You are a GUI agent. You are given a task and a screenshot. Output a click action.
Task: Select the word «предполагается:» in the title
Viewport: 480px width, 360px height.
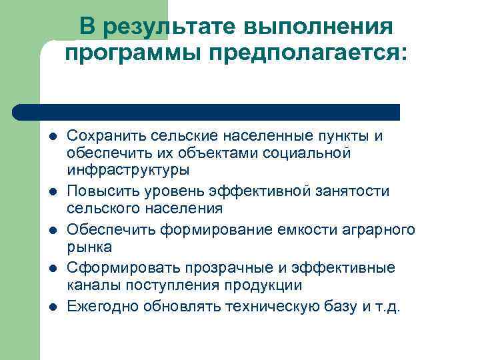306,53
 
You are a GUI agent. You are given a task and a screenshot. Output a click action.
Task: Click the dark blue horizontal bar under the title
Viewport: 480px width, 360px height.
207,112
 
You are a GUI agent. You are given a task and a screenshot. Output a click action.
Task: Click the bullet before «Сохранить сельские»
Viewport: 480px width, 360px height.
53,137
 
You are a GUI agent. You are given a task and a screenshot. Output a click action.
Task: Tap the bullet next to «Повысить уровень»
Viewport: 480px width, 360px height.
53,192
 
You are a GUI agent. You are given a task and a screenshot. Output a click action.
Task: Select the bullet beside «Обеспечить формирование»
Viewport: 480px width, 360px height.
53,231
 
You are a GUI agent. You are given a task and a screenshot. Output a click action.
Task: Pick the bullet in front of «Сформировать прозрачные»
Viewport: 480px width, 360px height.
53,269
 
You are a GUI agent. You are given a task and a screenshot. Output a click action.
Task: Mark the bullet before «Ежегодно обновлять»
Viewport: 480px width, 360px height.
53,307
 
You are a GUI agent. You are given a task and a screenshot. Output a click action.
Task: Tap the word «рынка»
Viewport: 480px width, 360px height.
89,247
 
